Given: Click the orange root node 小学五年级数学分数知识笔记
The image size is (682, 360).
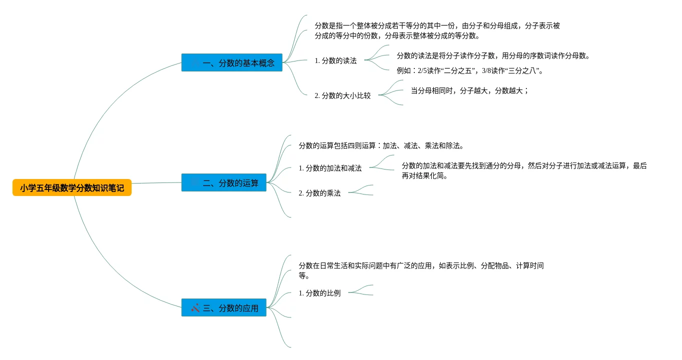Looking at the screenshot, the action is pos(72,188).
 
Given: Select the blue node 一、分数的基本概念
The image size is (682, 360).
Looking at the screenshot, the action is pos(232,63).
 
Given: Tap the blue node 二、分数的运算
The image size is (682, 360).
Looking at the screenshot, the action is pos(224,183).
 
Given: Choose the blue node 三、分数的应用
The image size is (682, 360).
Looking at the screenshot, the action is pos(224,308).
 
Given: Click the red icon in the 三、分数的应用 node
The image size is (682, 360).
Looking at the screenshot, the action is pos(195,308).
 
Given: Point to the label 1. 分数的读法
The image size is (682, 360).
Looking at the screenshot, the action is pos(335,60).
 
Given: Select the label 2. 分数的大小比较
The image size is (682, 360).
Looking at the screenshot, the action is pos(342,95).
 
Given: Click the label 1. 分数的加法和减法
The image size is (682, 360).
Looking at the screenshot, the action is pos(330,168).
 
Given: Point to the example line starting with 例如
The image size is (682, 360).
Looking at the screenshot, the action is pos(469,70).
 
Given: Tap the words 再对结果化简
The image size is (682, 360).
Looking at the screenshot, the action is pos(424,175).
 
